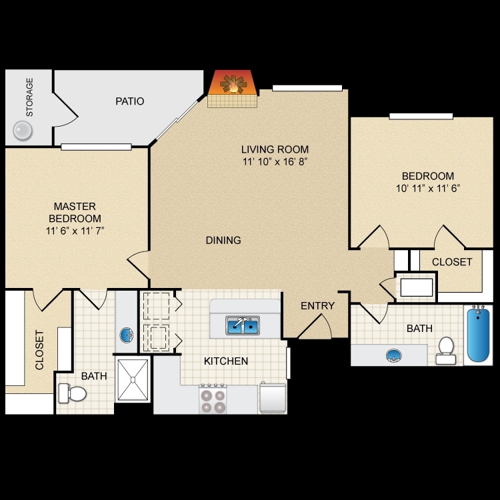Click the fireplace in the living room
click(232, 87)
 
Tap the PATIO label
click(129, 101)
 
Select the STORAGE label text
click(29, 97)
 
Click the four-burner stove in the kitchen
click(213, 399)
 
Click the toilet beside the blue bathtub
click(445, 349)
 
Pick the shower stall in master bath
click(133, 381)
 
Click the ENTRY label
click(317, 306)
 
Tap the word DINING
click(223, 240)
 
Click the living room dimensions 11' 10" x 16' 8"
click(275, 161)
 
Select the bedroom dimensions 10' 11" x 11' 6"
click(427, 188)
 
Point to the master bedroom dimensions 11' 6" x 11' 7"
click(75, 231)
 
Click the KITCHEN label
click(226, 361)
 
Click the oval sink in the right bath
click(393, 355)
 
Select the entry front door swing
click(315, 327)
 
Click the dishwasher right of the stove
click(273, 399)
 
